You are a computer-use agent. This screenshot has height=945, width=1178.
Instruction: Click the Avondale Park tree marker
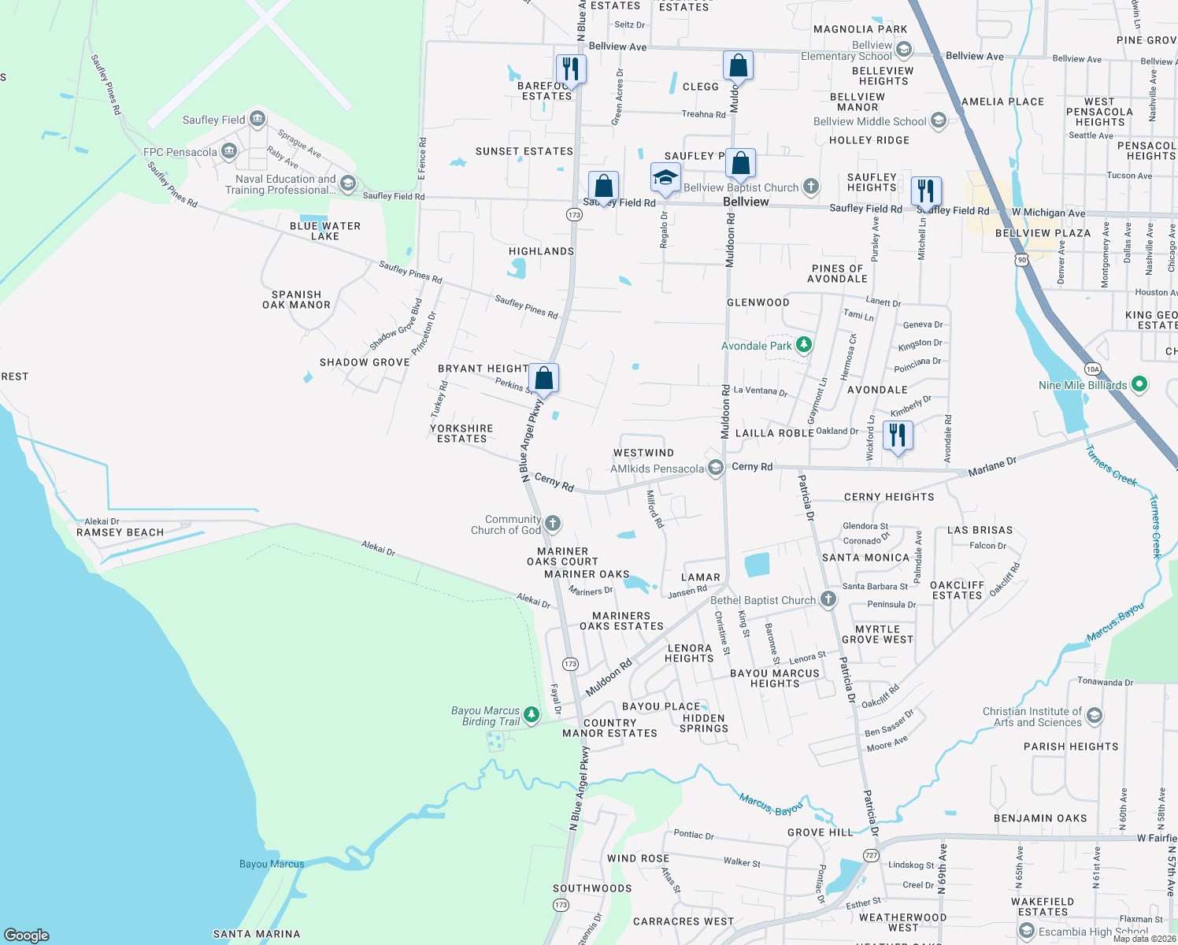[803, 345]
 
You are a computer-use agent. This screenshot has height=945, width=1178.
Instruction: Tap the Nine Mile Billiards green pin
[1139, 384]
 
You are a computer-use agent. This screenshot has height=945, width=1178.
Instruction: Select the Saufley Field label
[213, 120]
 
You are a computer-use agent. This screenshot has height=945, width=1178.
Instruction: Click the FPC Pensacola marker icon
[229, 150]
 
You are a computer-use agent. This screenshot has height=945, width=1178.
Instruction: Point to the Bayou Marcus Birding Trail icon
[532, 714]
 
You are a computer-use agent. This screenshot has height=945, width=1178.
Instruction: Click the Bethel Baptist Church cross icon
[828, 599]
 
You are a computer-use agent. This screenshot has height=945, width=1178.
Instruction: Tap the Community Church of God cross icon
[553, 523]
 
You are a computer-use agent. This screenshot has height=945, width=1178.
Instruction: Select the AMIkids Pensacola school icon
[715, 468]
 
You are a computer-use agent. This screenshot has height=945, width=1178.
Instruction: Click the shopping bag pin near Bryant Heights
[543, 378]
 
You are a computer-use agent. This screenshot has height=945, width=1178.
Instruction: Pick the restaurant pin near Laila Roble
[898, 435]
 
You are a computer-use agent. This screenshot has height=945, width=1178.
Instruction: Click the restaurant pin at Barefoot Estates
[571, 69]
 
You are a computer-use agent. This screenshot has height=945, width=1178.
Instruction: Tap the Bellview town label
[746, 202]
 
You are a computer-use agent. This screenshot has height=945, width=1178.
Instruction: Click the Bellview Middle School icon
[938, 120]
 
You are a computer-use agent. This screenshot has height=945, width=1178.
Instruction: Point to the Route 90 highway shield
[1021, 260]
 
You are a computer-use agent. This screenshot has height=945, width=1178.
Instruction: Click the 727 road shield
[870, 854]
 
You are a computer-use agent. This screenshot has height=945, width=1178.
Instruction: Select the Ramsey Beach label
[120, 532]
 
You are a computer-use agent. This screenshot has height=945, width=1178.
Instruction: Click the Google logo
[26, 935]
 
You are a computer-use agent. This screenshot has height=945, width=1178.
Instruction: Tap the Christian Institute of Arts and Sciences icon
[1094, 716]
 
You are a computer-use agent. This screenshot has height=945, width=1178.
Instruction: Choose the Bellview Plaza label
[1043, 233]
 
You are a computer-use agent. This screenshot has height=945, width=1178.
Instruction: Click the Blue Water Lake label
[324, 231]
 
